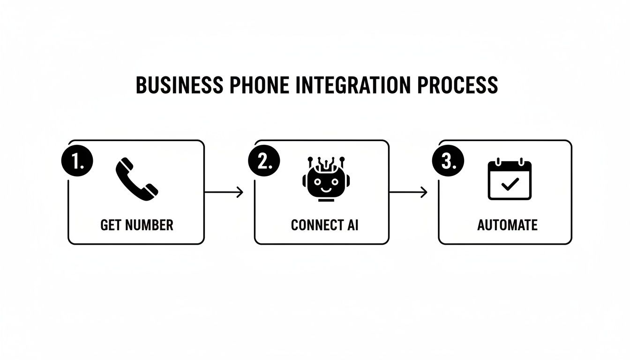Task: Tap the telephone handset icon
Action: tap(136, 179)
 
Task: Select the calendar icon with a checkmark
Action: tap(510, 180)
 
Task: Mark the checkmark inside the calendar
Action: tap(510, 185)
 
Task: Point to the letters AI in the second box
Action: tap(352, 225)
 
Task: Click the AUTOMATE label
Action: tap(507, 225)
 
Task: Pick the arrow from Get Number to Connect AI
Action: tap(224, 192)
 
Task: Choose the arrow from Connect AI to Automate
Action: tap(408, 192)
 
